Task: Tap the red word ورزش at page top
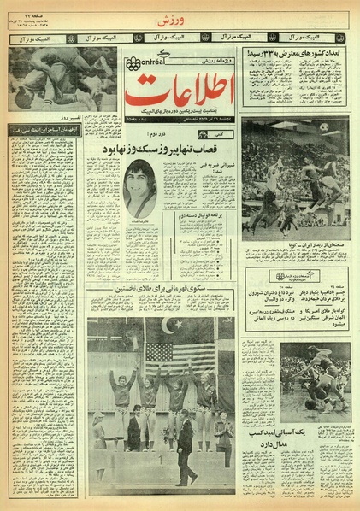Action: [x=179, y=18]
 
